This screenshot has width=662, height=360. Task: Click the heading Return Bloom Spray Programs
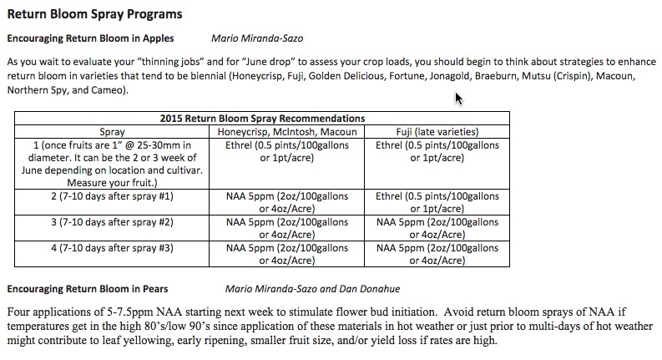[x=94, y=14]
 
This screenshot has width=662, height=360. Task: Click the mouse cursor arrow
[x=458, y=99]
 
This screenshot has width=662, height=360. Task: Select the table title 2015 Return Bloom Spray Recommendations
[x=262, y=119]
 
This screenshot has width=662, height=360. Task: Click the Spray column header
[x=112, y=132]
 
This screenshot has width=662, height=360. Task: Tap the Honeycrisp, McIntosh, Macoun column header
[x=286, y=132]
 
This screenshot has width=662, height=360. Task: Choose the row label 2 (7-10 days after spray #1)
[x=112, y=196]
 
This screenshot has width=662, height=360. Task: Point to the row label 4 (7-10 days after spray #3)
[x=112, y=248]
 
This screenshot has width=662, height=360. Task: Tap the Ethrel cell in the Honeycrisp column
[x=286, y=151]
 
